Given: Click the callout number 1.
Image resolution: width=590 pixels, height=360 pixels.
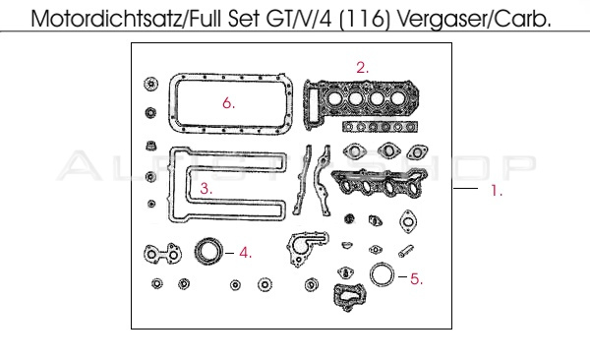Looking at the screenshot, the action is (x=497, y=191).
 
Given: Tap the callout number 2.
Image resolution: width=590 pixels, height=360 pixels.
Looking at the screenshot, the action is (x=362, y=68).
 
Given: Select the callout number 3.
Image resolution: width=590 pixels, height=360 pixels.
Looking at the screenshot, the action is (x=206, y=188).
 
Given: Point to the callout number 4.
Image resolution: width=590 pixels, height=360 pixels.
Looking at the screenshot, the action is (x=245, y=253).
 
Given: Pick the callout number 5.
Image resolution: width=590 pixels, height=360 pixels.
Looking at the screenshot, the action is (x=416, y=279).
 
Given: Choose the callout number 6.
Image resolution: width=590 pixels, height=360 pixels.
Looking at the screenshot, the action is (x=228, y=103).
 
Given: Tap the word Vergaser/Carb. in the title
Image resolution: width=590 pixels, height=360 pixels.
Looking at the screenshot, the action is (x=474, y=19).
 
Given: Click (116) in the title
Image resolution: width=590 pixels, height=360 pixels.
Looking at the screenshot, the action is (x=364, y=19).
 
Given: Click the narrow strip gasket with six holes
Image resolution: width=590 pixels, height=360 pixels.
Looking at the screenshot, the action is (x=380, y=127).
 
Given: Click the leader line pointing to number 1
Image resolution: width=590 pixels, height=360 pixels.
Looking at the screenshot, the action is (x=465, y=188).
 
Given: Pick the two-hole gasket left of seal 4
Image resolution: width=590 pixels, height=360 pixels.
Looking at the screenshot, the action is (x=162, y=254).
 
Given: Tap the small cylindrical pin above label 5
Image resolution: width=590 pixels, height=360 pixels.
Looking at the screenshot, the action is (x=406, y=251).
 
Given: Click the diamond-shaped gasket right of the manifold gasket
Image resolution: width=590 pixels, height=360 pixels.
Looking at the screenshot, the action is (x=408, y=221).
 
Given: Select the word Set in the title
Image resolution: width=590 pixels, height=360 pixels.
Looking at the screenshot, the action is (x=244, y=19).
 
